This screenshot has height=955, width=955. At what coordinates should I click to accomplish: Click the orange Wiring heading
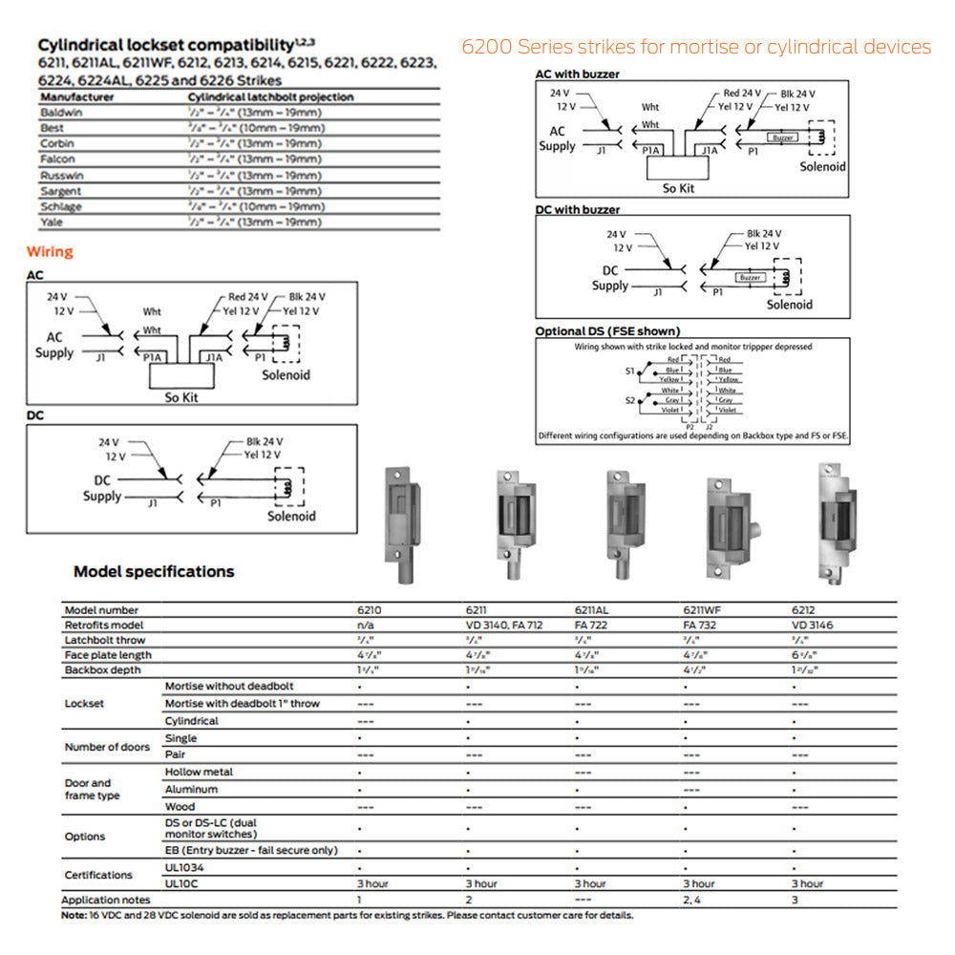point(50,252)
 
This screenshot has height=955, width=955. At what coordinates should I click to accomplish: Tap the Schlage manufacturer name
point(61,206)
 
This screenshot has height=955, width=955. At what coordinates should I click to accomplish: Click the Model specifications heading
point(154,572)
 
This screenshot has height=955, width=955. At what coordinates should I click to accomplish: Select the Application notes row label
point(105,900)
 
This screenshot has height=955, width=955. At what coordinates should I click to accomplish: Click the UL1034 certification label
point(184,867)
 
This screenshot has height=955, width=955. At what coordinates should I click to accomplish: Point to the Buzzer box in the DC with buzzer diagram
point(751,278)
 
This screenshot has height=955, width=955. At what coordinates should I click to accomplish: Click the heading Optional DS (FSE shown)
point(607,331)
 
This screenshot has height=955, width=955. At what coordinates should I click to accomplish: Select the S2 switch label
point(629,399)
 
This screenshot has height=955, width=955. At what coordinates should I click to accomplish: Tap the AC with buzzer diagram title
point(577,74)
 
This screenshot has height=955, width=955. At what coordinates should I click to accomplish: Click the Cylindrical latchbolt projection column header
point(270,97)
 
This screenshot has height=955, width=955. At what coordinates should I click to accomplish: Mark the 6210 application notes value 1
point(359,900)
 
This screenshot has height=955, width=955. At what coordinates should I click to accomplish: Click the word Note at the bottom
point(74,915)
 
